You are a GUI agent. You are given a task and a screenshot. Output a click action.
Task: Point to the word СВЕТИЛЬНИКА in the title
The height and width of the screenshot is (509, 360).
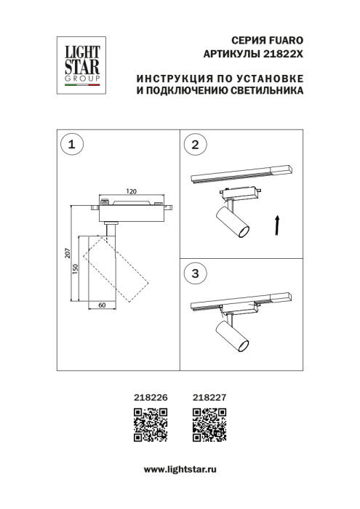[x=265, y=92]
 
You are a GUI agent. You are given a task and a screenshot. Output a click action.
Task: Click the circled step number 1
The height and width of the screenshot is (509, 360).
[x=71, y=145]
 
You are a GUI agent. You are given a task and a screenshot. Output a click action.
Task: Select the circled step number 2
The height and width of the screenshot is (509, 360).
[x=193, y=145]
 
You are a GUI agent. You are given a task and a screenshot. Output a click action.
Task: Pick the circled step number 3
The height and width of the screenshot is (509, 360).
[x=193, y=273]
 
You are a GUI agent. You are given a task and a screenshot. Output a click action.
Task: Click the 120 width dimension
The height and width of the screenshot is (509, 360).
[x=132, y=192]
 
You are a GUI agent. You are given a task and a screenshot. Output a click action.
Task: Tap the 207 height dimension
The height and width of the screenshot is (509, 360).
[x=67, y=254]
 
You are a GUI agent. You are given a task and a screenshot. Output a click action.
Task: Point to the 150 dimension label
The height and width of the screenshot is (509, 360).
[x=75, y=267]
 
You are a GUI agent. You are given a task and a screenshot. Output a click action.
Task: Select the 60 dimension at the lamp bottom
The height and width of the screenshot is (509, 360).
[x=103, y=305]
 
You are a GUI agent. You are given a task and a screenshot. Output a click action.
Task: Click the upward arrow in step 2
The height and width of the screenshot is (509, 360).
[x=277, y=225]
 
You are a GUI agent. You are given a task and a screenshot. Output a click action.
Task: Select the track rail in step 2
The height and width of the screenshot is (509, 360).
[x=240, y=175]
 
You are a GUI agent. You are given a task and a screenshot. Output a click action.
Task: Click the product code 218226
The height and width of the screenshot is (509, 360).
[x=151, y=397]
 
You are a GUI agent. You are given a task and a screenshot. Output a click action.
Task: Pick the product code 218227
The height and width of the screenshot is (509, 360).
[x=208, y=397]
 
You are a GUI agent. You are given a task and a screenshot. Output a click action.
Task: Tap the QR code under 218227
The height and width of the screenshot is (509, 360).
[x=208, y=425]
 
